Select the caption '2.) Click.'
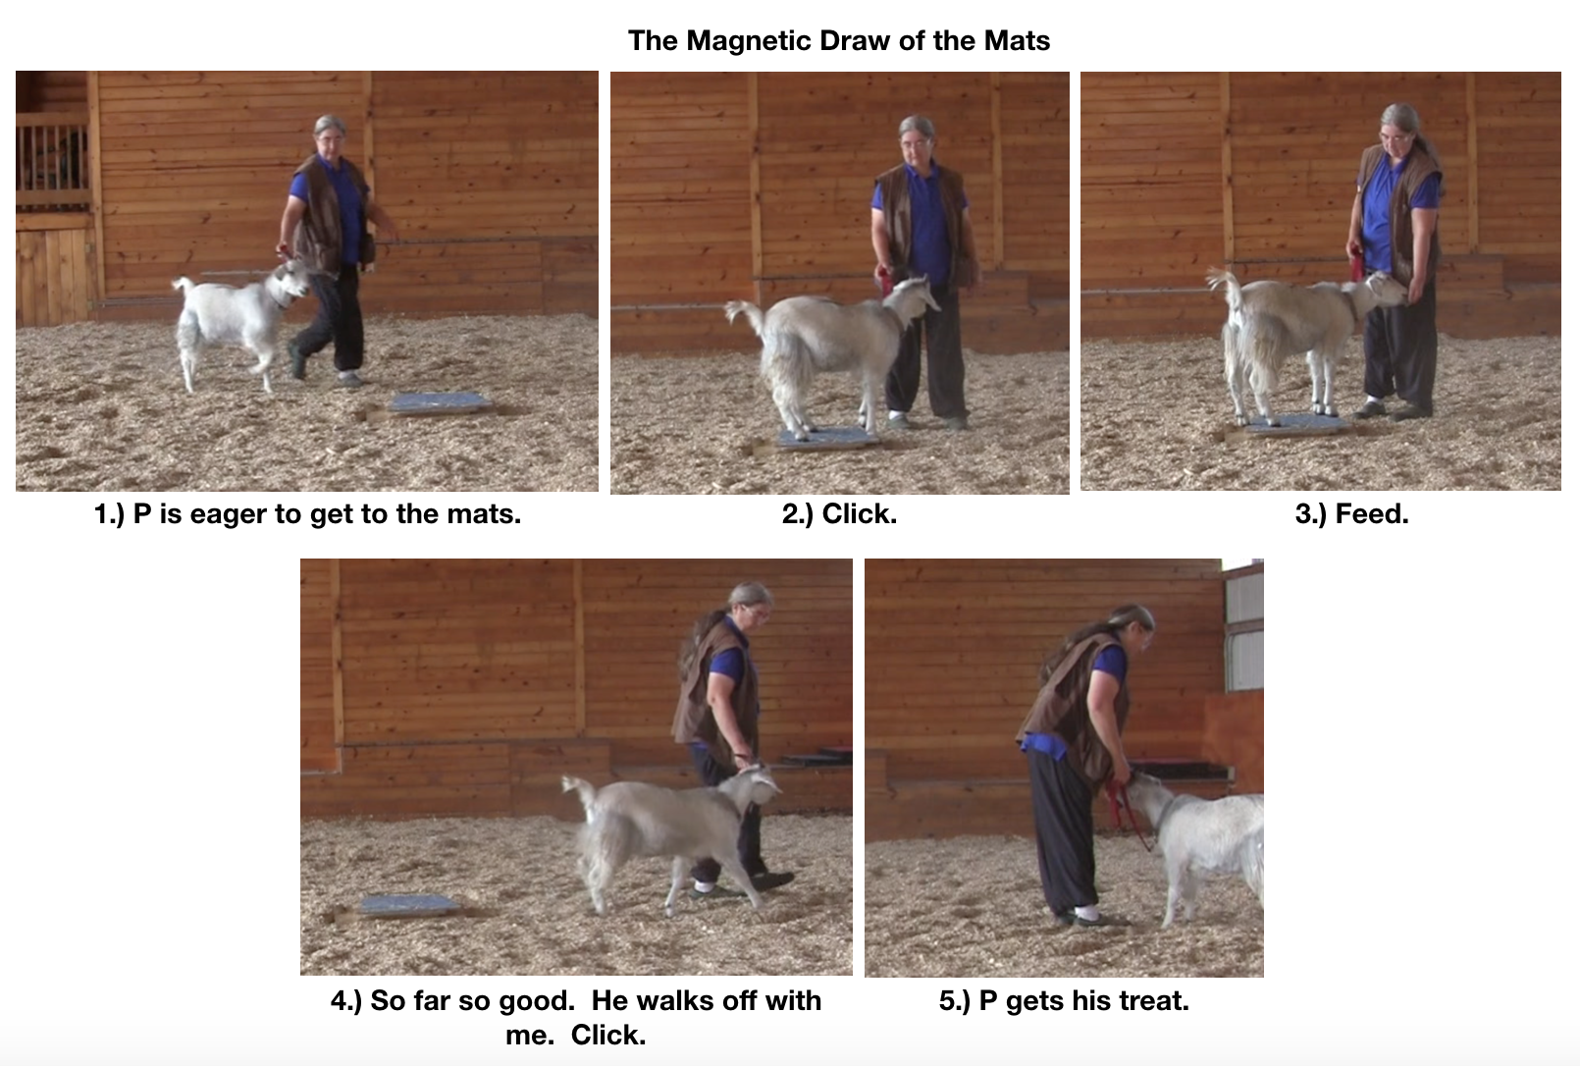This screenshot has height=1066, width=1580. (x=839, y=513)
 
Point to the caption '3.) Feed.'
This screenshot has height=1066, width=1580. (x=1351, y=513)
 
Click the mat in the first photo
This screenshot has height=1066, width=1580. (x=439, y=402)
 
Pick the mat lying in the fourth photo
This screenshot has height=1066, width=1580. (x=407, y=904)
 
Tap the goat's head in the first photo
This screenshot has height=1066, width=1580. (x=291, y=281)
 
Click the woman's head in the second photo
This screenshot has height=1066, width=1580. (x=915, y=136)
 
